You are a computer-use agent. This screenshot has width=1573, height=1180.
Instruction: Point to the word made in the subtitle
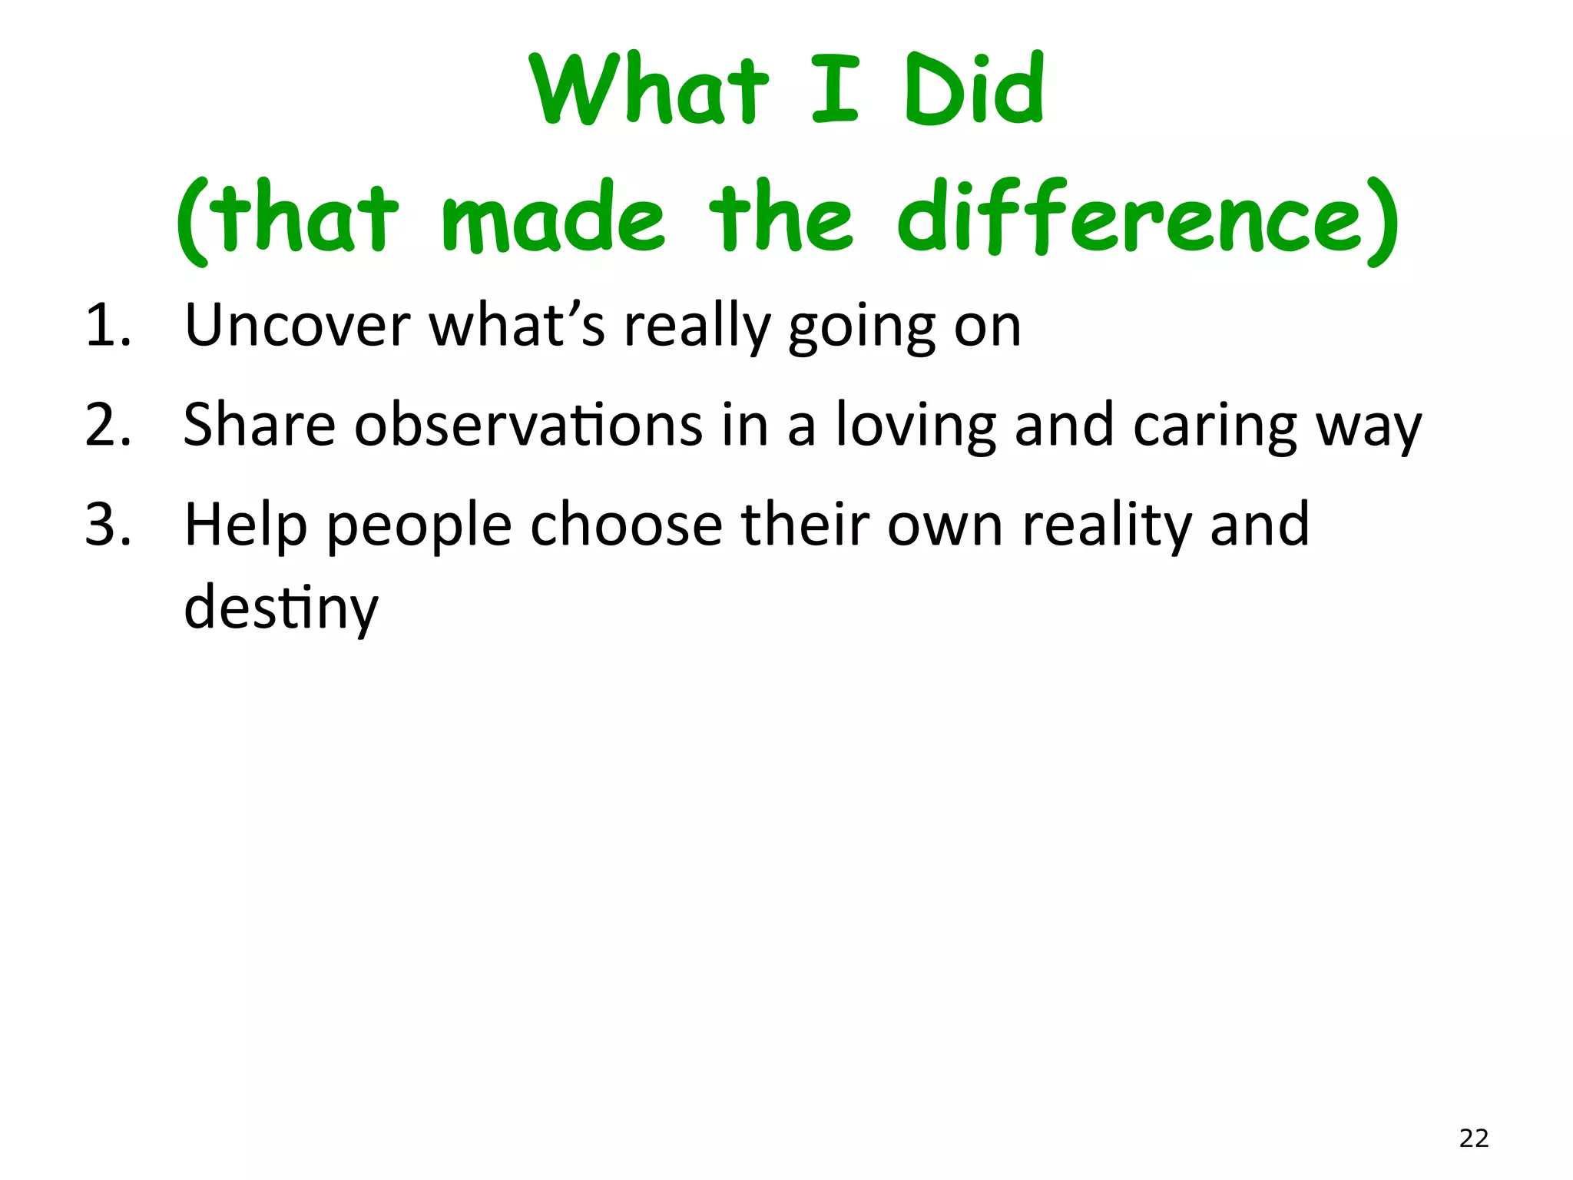click(x=553, y=219)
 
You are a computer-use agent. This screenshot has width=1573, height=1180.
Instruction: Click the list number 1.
click(x=108, y=326)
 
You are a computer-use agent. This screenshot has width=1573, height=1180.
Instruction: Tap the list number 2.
click(x=108, y=426)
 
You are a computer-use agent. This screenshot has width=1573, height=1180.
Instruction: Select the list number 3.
click(x=108, y=525)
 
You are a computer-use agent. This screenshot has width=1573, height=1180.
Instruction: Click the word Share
click(x=260, y=426)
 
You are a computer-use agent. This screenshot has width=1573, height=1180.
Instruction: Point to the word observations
click(x=528, y=426)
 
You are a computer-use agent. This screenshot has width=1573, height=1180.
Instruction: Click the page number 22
click(x=1473, y=1138)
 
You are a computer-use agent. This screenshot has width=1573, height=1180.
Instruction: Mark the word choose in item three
click(x=627, y=525)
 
